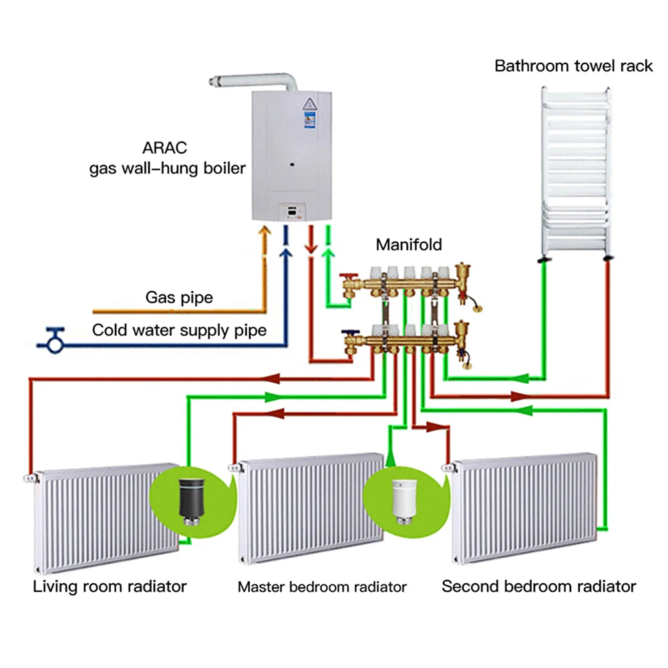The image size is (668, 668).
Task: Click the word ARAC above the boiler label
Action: click(x=164, y=148)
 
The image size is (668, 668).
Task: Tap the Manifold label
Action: click(x=409, y=244)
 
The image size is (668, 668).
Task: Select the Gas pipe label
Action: click(x=179, y=297)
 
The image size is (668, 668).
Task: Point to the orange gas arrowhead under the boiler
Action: click(x=265, y=231)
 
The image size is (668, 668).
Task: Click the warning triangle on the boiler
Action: click(x=310, y=104)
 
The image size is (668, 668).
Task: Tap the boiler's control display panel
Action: click(x=293, y=211)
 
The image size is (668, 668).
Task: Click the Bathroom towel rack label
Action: click(x=573, y=66)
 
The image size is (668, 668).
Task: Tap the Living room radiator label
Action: click(x=110, y=587)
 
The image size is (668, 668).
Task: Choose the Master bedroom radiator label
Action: click(x=322, y=587)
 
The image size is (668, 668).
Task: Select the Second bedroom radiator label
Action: click(x=539, y=587)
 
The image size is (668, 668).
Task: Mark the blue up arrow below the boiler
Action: click(x=285, y=254)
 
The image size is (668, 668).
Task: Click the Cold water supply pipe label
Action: click(x=179, y=330)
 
